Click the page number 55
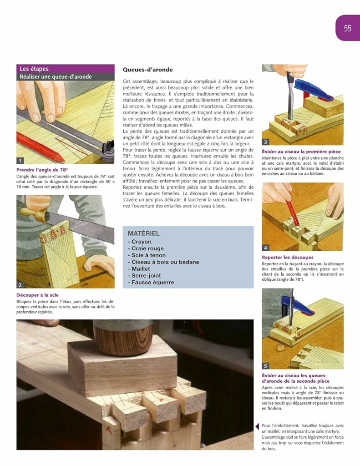point(347,28)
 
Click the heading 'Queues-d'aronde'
point(148,70)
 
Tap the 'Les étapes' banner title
point(34,69)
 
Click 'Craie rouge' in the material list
point(148,248)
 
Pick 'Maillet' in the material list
point(142,268)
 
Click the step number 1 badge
point(20,160)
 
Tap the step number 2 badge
point(20,285)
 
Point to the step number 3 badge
point(266,142)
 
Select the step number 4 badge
point(266,248)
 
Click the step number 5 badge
point(266,366)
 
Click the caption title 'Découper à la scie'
point(37,295)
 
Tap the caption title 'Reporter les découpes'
point(288,258)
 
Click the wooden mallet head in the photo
point(123,337)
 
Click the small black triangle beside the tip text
point(257,426)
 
